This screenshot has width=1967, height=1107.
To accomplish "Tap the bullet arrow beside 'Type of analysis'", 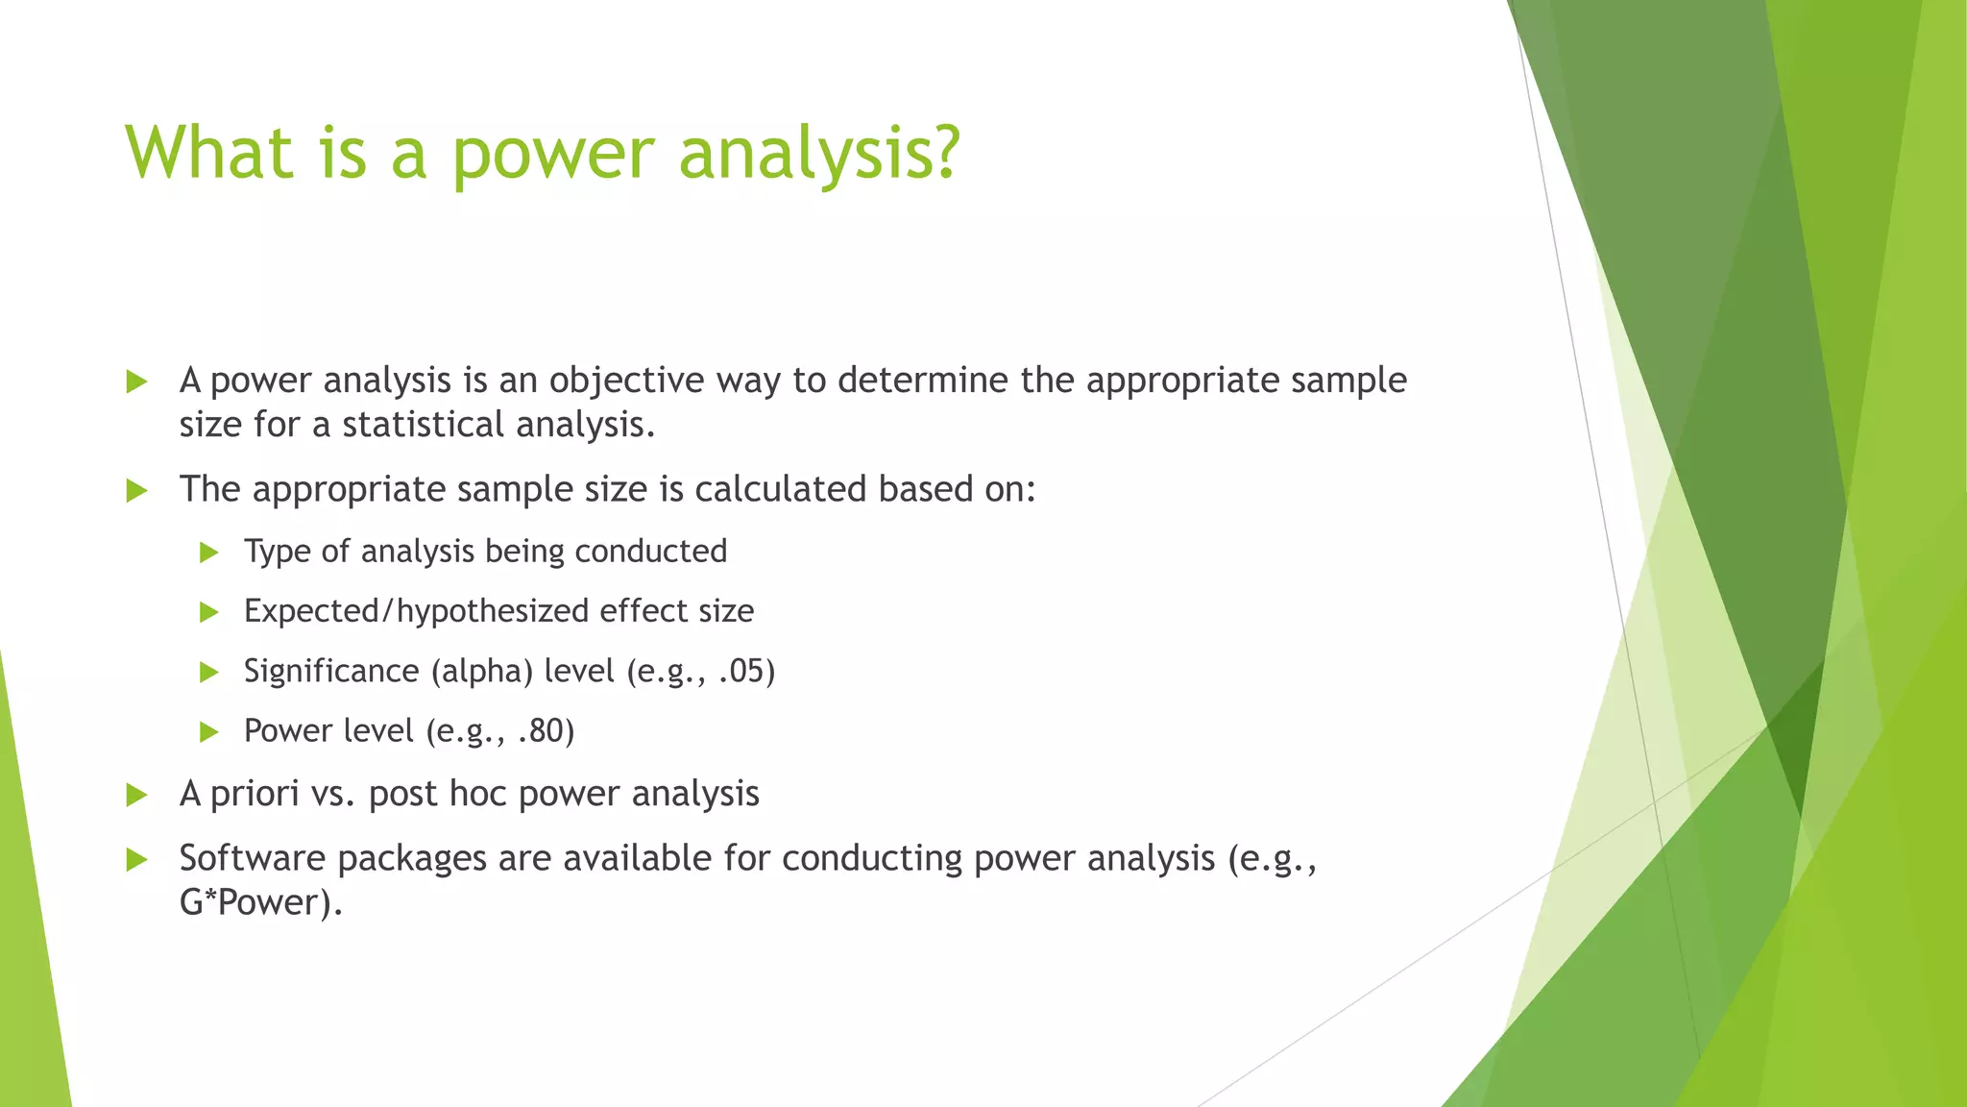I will pos(209,553).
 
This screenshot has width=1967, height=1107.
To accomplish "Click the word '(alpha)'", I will pos(481,671).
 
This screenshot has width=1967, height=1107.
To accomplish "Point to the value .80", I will pos(545,731).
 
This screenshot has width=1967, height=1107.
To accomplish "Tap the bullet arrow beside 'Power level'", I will pos(209,732).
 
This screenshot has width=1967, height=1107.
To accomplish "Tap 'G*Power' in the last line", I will pos(255,902).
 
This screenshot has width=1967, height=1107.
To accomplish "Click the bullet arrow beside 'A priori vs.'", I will pos(136,796).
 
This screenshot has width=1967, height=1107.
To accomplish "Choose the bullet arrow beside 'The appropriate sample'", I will pos(136,491).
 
